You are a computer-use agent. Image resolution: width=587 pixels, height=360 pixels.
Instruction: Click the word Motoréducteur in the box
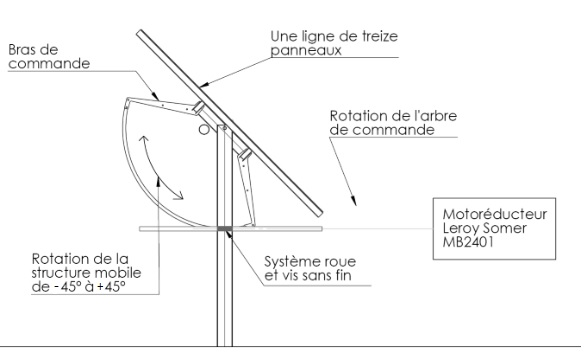pyautogui.click(x=492, y=215)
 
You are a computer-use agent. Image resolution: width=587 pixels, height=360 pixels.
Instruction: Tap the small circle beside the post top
pyautogui.click(x=204, y=130)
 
